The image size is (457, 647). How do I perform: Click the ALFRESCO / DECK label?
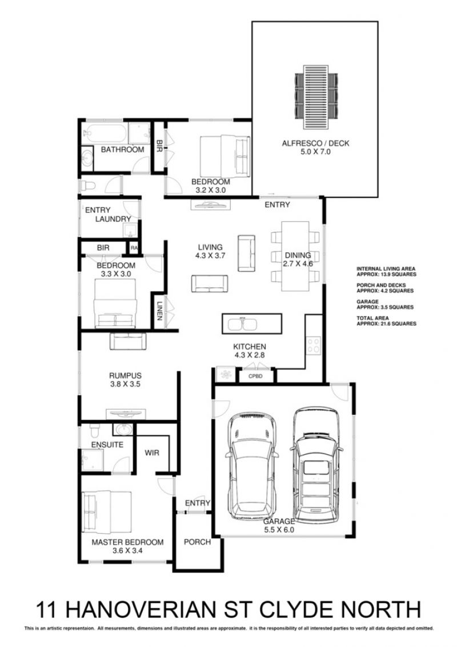(x=315, y=144)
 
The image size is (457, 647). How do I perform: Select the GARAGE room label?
(x=279, y=521)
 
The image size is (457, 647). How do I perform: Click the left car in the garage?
(x=251, y=466)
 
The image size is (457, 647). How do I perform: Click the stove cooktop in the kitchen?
(x=314, y=346)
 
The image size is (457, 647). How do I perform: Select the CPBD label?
(x=255, y=376)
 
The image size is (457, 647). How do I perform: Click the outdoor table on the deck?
(x=316, y=97)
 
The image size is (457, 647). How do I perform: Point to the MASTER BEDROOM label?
(x=127, y=542)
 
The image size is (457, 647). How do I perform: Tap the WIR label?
(x=151, y=452)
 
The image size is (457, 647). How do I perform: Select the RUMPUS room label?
(x=125, y=376)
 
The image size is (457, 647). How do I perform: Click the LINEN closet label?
(x=159, y=311)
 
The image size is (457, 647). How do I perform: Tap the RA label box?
(x=134, y=248)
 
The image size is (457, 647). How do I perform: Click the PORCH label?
(x=198, y=542)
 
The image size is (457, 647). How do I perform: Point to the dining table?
(x=295, y=256)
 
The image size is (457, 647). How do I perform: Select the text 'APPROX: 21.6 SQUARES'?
(x=387, y=324)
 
